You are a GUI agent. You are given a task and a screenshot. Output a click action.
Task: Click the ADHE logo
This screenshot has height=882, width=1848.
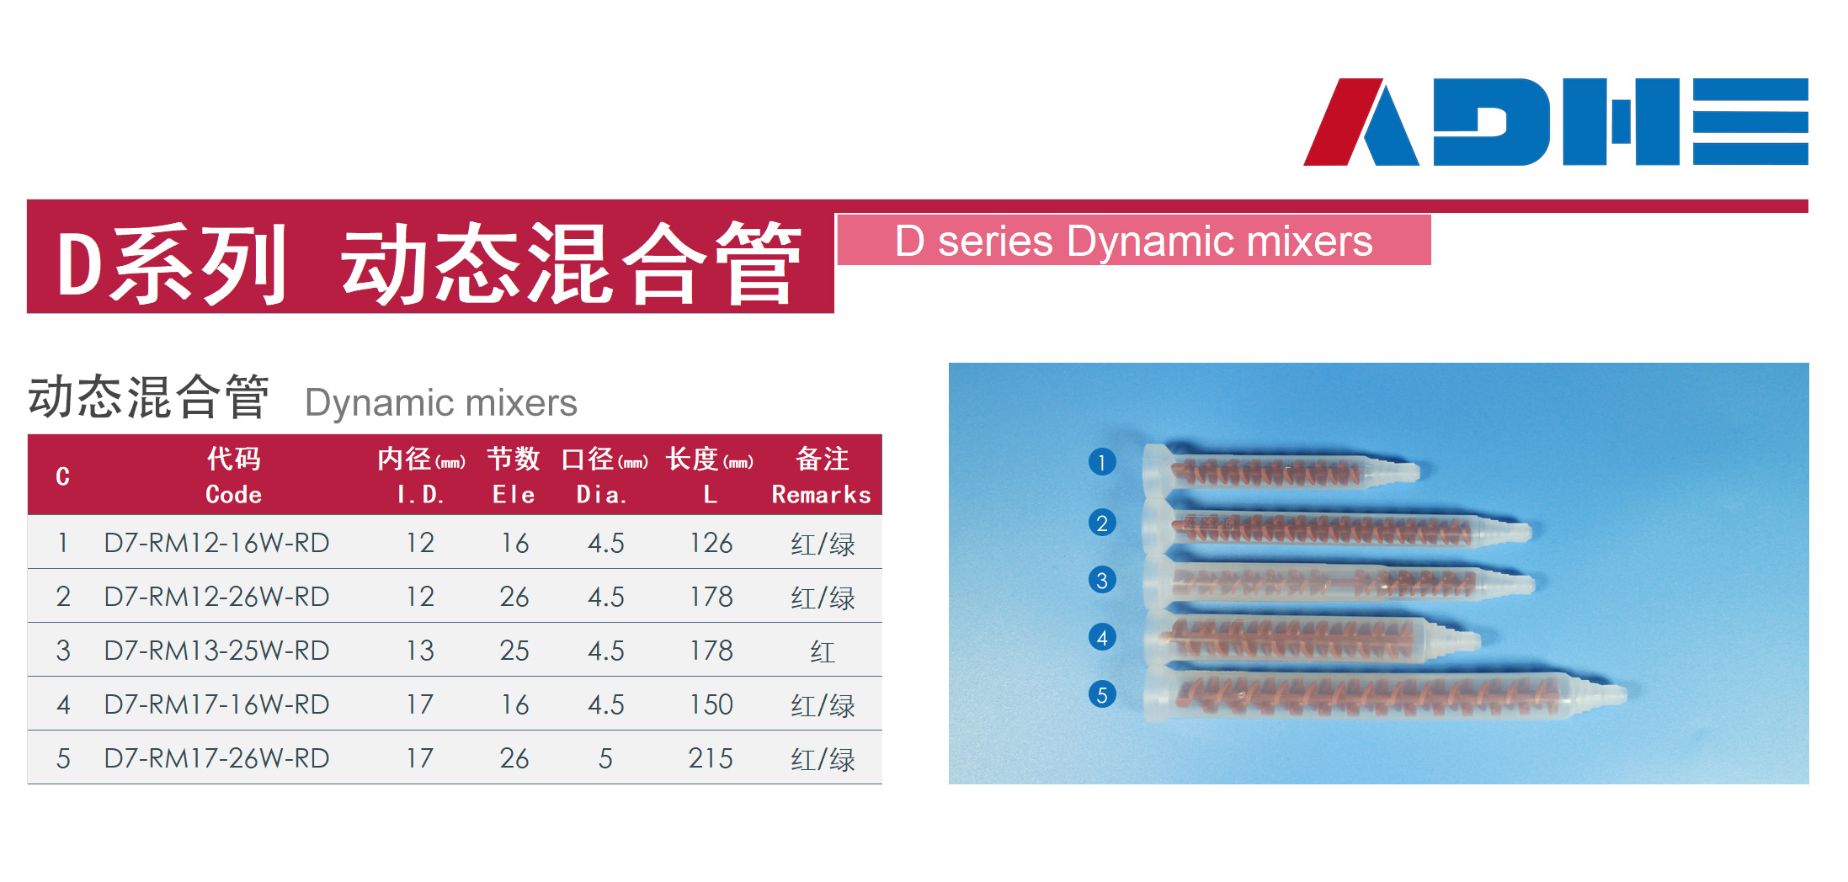point(1555,121)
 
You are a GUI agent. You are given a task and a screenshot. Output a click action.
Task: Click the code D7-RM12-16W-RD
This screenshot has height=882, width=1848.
point(216,543)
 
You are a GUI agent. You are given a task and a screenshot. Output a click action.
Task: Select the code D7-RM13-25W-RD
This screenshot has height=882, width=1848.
point(216,651)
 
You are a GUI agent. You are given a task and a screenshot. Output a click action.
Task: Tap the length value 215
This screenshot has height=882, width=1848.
point(711,758)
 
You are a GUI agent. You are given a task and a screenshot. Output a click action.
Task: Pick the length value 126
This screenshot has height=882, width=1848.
point(711,543)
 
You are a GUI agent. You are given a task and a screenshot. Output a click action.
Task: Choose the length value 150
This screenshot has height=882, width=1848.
point(711,704)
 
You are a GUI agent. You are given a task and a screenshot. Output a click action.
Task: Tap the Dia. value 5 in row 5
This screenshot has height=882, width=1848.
point(605,758)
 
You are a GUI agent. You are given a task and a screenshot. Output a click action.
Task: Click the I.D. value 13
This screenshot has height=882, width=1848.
point(420,651)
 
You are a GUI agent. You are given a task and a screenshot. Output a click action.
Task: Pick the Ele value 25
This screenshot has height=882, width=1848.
point(514,651)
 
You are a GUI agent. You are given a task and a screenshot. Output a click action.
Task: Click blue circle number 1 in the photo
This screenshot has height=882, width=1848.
point(1102,462)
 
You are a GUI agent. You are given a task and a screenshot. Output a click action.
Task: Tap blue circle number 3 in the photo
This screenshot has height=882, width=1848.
point(1102,580)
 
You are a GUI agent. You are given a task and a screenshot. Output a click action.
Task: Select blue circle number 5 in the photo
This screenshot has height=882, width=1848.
point(1102,694)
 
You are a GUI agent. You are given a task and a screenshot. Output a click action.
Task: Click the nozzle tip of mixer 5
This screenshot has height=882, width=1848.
point(1625,694)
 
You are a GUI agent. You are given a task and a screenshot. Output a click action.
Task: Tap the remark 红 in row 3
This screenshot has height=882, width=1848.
point(823,651)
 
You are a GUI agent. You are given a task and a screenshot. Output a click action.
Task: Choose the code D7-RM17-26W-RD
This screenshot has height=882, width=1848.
point(216,758)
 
